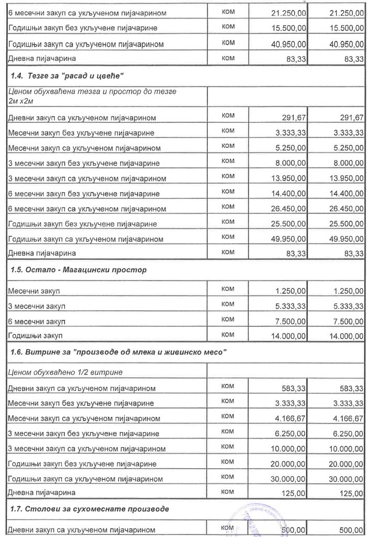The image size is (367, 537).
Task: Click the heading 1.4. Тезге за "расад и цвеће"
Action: pos(67,76)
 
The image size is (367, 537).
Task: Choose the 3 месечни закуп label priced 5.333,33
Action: pos(36,305)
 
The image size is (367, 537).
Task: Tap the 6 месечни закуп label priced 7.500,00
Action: pos(36,320)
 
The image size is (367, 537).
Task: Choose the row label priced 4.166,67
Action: pos(83,418)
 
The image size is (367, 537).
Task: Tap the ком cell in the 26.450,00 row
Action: pos(228,208)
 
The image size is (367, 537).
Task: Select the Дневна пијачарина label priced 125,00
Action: pos(41,493)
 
